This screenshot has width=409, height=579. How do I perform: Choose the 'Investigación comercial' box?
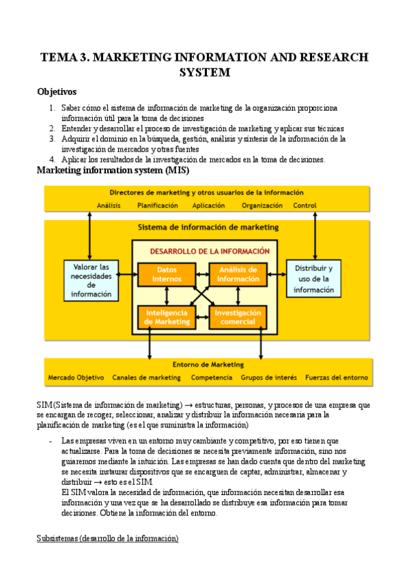point(238,317)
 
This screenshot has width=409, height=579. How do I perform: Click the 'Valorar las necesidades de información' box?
point(91,280)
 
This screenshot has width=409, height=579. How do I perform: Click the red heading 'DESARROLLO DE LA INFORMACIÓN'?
point(205,251)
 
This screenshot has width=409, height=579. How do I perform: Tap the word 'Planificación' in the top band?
point(158,205)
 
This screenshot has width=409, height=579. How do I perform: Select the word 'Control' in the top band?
point(305,205)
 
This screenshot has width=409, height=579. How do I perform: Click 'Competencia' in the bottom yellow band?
point(211,378)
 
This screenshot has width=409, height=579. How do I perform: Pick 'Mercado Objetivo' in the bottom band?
point(76,378)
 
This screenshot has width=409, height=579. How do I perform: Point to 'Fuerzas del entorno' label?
point(336,378)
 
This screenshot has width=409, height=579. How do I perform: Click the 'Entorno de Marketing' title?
point(208,364)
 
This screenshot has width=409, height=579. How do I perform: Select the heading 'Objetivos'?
point(57,91)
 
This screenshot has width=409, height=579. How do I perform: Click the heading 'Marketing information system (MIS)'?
point(112,170)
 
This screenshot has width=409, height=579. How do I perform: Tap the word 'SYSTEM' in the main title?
point(204,72)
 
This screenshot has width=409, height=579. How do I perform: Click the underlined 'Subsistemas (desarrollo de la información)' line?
point(107,539)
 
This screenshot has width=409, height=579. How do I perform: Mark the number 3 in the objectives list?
point(53,139)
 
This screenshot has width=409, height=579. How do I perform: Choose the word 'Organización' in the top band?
point(263,205)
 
